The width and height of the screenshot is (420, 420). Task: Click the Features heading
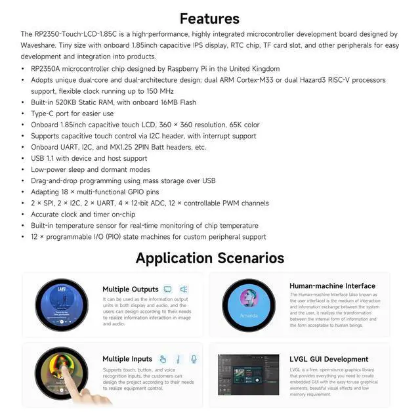pos(209,18)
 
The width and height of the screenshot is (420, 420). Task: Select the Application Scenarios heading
pos(209,258)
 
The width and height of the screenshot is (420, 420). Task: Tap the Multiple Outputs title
pos(131,289)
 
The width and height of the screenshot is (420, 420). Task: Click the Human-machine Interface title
pos(332,286)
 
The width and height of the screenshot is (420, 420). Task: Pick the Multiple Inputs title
pos(127,359)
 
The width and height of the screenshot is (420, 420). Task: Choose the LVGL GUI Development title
pos(329,359)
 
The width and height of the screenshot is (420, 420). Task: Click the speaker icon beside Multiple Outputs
pos(184,289)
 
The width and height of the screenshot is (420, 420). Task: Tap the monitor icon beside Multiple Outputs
pos(167,289)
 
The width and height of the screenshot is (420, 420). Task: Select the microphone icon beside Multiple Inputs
pos(194,359)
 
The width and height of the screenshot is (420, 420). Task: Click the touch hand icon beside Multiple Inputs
pos(163,359)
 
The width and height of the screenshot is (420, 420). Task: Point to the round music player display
pos(61,304)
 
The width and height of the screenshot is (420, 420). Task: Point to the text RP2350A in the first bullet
pos(47,68)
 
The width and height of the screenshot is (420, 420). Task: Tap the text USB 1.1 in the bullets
pos(45,158)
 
